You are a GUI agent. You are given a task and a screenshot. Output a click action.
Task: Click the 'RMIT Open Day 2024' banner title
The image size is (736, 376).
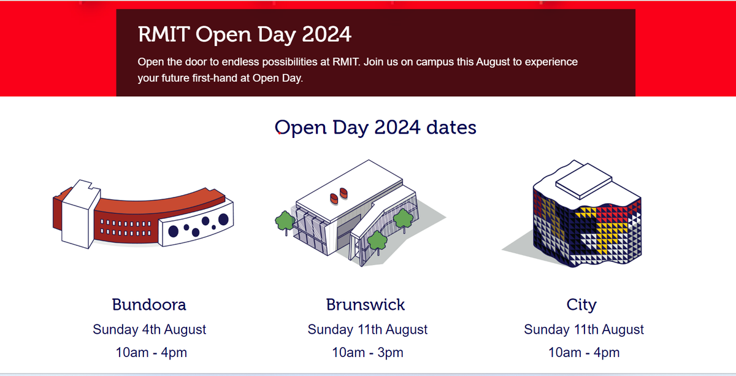click(x=245, y=34)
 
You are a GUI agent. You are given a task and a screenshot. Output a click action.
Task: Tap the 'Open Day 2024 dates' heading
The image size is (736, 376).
click(x=375, y=128)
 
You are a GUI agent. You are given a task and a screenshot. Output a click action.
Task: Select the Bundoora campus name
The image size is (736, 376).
click(x=149, y=305)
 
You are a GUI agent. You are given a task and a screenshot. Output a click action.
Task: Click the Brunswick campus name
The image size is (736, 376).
click(x=366, y=305)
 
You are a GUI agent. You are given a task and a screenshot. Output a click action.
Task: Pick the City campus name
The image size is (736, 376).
click(x=581, y=305)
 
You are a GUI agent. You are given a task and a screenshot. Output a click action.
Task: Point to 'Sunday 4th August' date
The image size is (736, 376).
click(x=150, y=329)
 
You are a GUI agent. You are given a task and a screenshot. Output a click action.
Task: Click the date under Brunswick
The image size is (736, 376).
click(x=367, y=329)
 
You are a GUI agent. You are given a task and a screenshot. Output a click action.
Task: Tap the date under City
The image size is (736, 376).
click(x=584, y=329)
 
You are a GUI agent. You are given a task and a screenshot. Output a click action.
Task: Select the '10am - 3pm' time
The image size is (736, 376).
click(x=367, y=353)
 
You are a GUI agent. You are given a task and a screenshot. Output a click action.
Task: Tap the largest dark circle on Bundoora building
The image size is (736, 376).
click(x=223, y=219)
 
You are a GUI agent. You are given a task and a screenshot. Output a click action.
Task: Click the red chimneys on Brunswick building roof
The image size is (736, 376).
click(x=339, y=196)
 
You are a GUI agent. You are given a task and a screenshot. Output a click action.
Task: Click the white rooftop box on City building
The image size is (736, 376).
click(x=583, y=181)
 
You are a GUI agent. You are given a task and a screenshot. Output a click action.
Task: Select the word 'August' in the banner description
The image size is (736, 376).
click(x=497, y=62)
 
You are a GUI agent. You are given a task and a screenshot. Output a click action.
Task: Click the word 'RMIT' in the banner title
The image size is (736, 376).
click(x=164, y=34)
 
